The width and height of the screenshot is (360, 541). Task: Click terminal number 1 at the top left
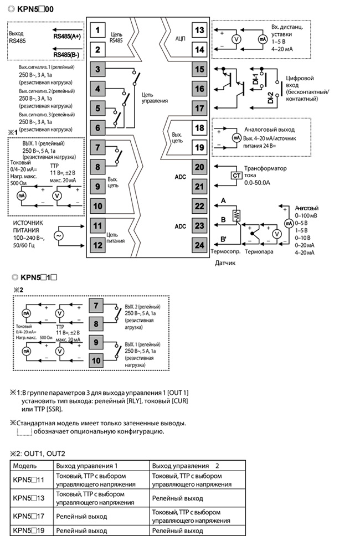[x=97, y=30]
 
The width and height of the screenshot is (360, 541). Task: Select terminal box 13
[x=199, y=30]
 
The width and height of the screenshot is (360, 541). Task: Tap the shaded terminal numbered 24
[x=199, y=245]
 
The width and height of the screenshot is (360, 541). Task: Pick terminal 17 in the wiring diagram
[x=199, y=108]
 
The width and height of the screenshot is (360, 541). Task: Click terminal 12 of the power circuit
[x=97, y=245]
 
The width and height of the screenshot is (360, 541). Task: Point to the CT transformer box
[x=236, y=176]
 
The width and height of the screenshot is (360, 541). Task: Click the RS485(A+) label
[x=67, y=36]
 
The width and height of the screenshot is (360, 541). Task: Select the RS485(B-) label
[x=66, y=54]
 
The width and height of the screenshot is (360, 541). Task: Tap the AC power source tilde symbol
[x=58, y=236]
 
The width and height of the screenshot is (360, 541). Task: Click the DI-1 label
[x=255, y=79]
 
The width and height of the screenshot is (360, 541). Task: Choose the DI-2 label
[x=270, y=97]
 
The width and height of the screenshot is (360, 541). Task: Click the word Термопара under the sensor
[x=259, y=252]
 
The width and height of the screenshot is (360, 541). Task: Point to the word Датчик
[x=225, y=263]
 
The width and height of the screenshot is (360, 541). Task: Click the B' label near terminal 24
[x=224, y=239]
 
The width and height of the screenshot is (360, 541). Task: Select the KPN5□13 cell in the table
[x=29, y=498]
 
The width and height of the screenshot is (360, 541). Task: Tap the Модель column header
[x=24, y=466]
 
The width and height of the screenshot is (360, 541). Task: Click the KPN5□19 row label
[x=29, y=530]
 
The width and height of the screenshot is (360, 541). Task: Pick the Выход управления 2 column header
[x=186, y=466]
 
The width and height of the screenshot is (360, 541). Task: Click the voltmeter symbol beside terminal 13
[x=236, y=39]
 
